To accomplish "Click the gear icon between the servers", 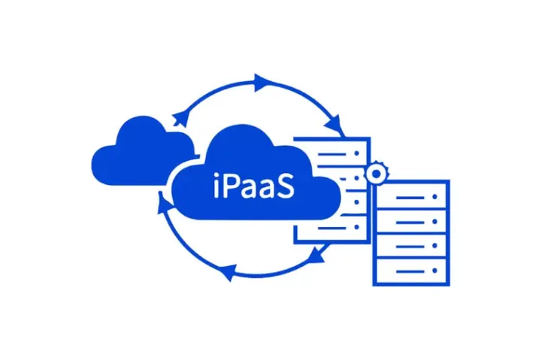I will click(x=375, y=174).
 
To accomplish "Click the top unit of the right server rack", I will click(x=411, y=197).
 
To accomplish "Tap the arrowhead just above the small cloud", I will click(x=179, y=117).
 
